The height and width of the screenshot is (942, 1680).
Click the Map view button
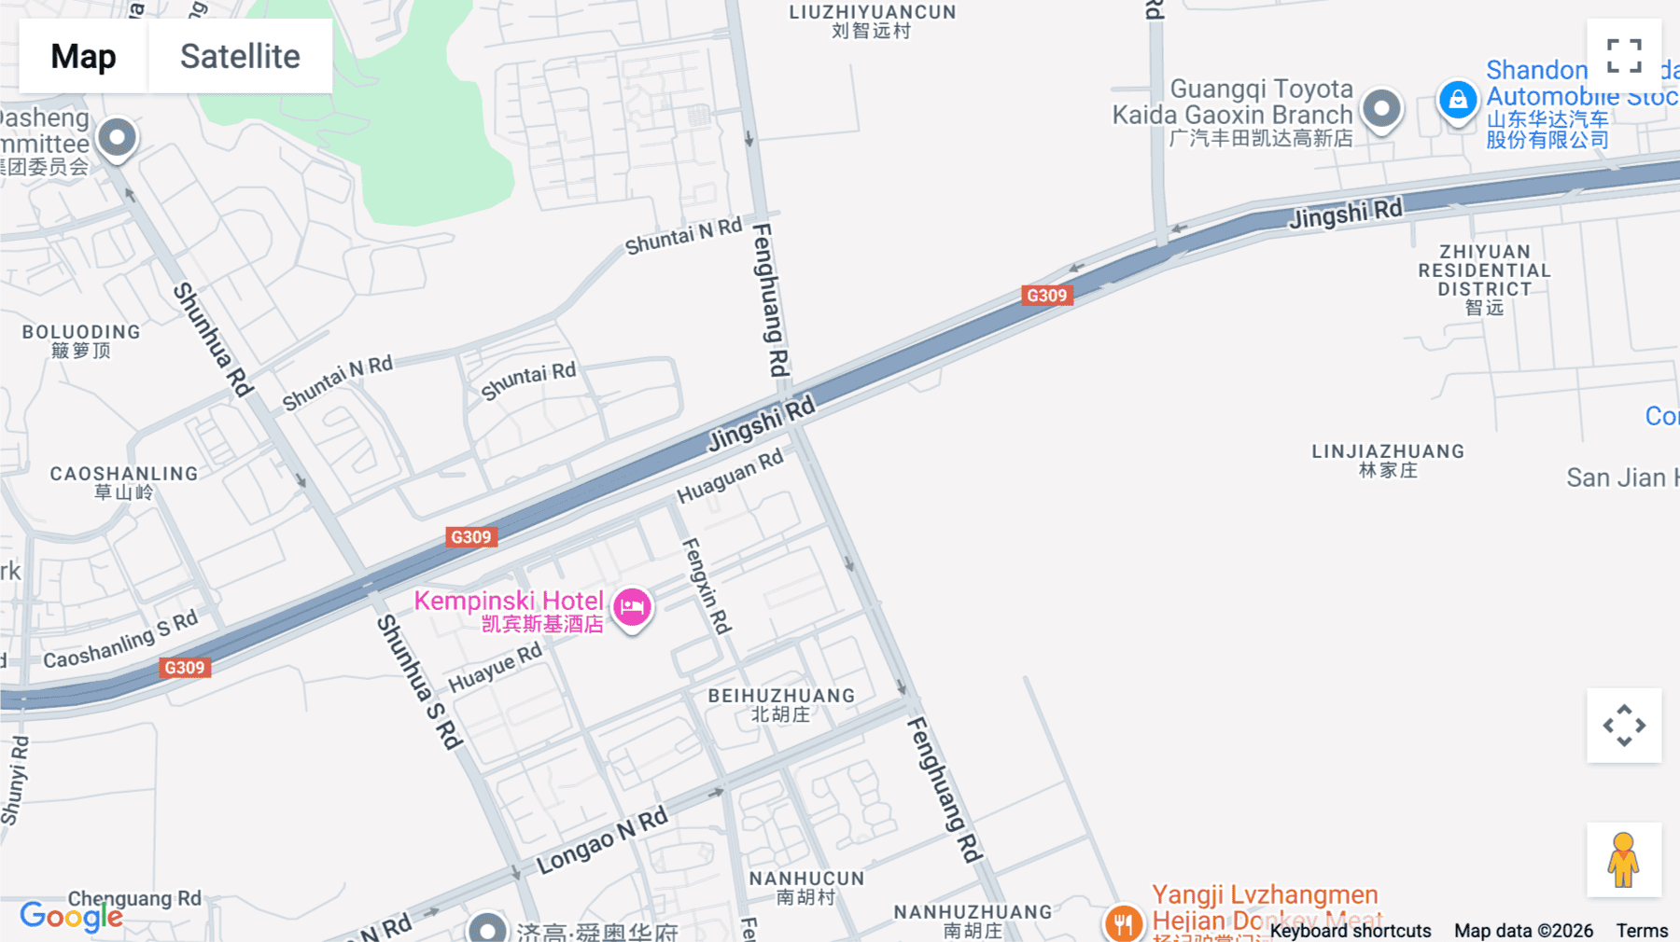[83, 56]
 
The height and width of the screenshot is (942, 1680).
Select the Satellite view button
[240, 56]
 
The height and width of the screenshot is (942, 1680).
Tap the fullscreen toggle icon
[1624, 56]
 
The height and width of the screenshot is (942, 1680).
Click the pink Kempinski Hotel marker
[632, 607]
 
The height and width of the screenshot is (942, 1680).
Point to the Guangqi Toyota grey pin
[1381, 109]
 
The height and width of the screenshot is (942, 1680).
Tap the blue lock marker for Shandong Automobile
[1458, 101]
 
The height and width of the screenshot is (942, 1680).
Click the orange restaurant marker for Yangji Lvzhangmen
[1124, 922]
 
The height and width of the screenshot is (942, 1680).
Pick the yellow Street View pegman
[1624, 859]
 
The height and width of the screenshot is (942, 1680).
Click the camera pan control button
[1624, 725]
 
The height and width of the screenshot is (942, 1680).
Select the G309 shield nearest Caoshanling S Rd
[185, 668]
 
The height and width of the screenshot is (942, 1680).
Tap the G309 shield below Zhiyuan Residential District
[1046, 296]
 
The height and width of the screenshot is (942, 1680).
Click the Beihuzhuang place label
[781, 705]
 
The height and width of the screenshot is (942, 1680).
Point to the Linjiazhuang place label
[1388, 461]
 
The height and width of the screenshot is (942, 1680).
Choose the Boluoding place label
[81, 340]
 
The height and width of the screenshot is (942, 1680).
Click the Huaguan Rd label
[730, 476]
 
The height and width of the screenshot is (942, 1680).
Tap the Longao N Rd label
[602, 839]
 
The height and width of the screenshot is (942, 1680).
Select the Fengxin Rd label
[707, 585]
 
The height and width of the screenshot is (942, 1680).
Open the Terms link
[1642, 931]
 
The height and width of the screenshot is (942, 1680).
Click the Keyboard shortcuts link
[1350, 931]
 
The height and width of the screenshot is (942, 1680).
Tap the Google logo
[71, 917]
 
